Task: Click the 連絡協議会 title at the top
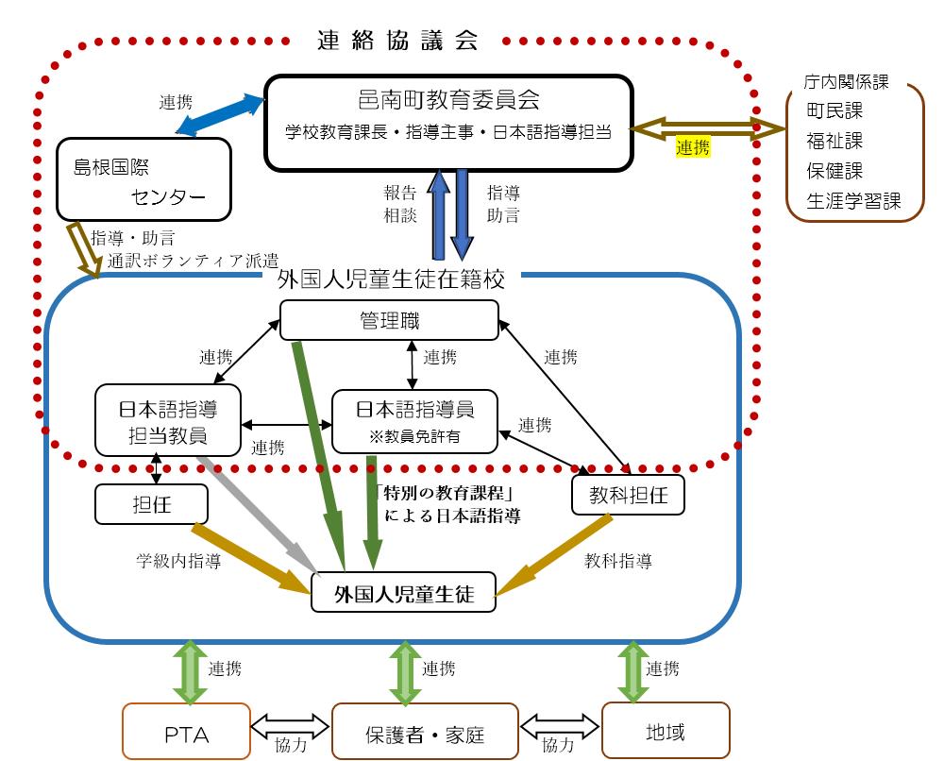pyautogui.click(x=397, y=41)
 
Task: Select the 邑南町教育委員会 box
pyautogui.click(x=448, y=123)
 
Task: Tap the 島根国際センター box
pyautogui.click(x=143, y=179)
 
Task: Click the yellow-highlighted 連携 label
pyautogui.click(x=693, y=147)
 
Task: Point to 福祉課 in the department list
pyautogui.click(x=834, y=141)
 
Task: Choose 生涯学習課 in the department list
pyautogui.click(x=852, y=201)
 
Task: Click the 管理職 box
pyautogui.click(x=389, y=321)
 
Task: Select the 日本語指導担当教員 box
pyautogui.click(x=168, y=422)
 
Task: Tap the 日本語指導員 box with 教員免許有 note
pyautogui.click(x=414, y=422)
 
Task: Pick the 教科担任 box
pyautogui.click(x=628, y=496)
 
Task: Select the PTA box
pyautogui.click(x=186, y=732)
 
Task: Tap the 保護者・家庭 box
pyautogui.click(x=425, y=732)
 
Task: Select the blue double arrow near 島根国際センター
pyautogui.click(x=218, y=112)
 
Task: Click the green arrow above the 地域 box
pyautogui.click(x=633, y=670)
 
